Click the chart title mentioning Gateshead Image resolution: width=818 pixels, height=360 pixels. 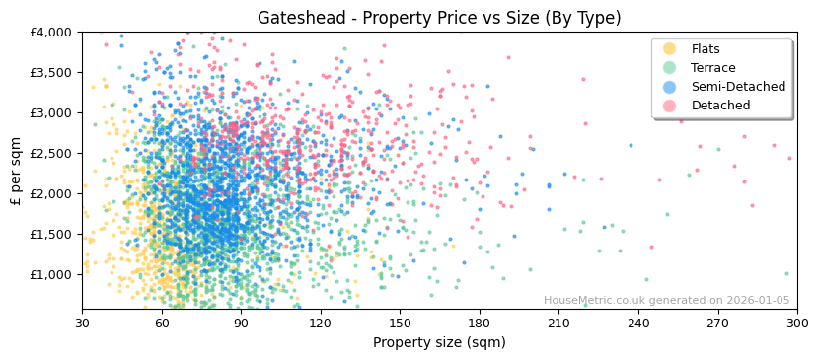coord(439,18)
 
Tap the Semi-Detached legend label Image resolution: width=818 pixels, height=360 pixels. coord(738,87)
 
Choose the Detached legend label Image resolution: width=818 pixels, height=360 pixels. coord(720,106)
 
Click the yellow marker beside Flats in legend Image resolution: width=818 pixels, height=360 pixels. coord(670,49)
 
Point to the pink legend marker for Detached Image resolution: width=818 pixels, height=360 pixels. coord(670,106)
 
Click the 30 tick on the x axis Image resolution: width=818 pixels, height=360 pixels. coord(82,324)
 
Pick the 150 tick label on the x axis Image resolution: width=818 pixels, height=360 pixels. coord(400,324)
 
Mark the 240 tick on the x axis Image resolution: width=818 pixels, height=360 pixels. coord(638,324)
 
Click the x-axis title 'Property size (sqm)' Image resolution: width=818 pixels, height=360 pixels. coord(439,343)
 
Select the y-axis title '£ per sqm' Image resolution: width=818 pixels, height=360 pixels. coord(16,172)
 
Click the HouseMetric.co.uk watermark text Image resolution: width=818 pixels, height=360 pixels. coord(666,301)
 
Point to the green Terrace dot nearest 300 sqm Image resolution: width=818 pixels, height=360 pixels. coord(786,273)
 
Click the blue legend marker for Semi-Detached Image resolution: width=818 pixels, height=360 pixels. coord(670,87)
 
